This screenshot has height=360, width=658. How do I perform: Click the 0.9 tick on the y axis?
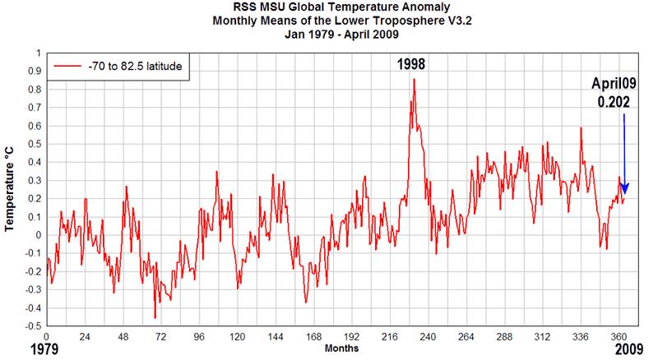tap(34, 72)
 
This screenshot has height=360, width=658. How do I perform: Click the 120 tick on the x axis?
tap(238, 337)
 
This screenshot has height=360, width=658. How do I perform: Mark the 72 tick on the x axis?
tap(161, 337)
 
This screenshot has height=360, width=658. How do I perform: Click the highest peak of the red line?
tap(415, 79)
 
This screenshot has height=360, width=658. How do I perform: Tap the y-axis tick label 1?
tap(38, 53)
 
